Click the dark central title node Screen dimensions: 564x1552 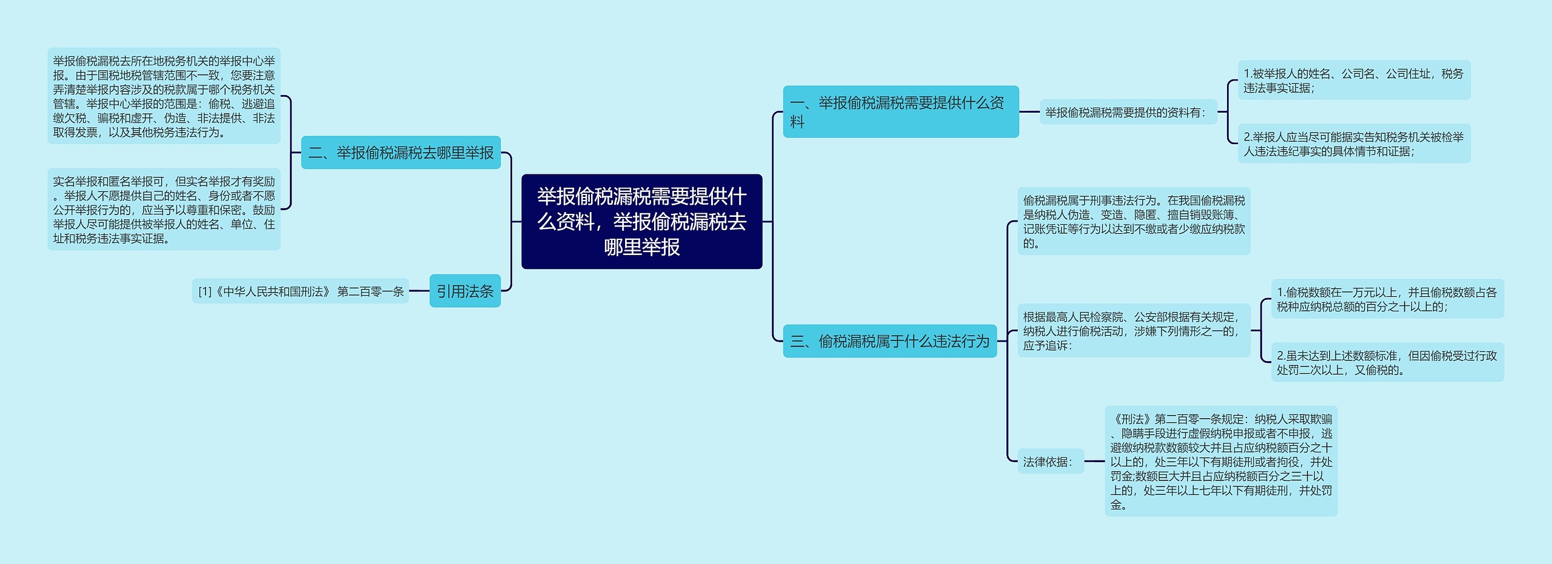tap(641, 222)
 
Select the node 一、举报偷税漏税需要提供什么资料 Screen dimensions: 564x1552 tap(900, 112)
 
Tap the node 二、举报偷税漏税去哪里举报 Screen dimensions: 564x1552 tap(401, 153)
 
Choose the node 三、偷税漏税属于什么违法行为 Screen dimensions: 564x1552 tap(889, 341)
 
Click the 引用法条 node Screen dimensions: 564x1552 tap(465, 291)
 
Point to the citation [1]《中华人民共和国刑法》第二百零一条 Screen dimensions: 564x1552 tap(301, 291)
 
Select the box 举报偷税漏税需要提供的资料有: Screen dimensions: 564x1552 tap(1128, 112)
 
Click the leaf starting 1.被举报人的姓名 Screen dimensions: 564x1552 tap(1353, 81)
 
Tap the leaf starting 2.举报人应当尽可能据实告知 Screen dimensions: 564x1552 tap(1353, 144)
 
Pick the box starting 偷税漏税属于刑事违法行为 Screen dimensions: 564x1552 tap(1133, 221)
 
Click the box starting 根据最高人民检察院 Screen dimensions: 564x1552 tap(1133, 331)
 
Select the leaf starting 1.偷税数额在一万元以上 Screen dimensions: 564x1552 tap(1386, 299)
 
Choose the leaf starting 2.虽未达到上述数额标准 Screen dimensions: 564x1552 tap(1386, 362)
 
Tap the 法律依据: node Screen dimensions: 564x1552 tap(1049, 462)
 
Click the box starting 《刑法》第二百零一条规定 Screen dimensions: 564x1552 tap(1220, 461)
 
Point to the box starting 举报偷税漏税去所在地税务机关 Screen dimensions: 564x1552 tap(164, 96)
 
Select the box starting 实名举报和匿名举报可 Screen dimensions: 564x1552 tap(164, 210)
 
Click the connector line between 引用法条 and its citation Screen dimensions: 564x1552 tap(419, 291)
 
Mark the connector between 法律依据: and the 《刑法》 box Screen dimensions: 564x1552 tap(1094, 462)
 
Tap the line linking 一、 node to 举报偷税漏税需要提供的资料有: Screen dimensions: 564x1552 tap(1029, 112)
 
